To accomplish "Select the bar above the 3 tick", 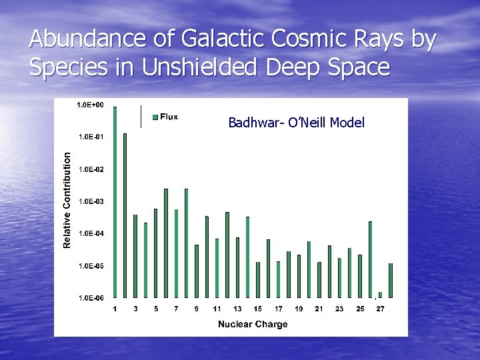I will [x=135, y=256].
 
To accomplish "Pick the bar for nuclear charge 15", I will [x=258, y=280].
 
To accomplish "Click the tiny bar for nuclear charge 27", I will [x=380, y=295].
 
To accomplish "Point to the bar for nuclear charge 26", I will [x=370, y=259].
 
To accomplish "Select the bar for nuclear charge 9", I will [x=197, y=271].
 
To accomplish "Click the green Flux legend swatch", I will [x=155, y=117].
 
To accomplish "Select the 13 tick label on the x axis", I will [x=237, y=309].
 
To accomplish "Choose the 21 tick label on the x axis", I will [x=319, y=309].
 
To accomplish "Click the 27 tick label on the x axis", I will [x=380, y=309].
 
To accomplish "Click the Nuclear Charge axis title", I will [x=253, y=325].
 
